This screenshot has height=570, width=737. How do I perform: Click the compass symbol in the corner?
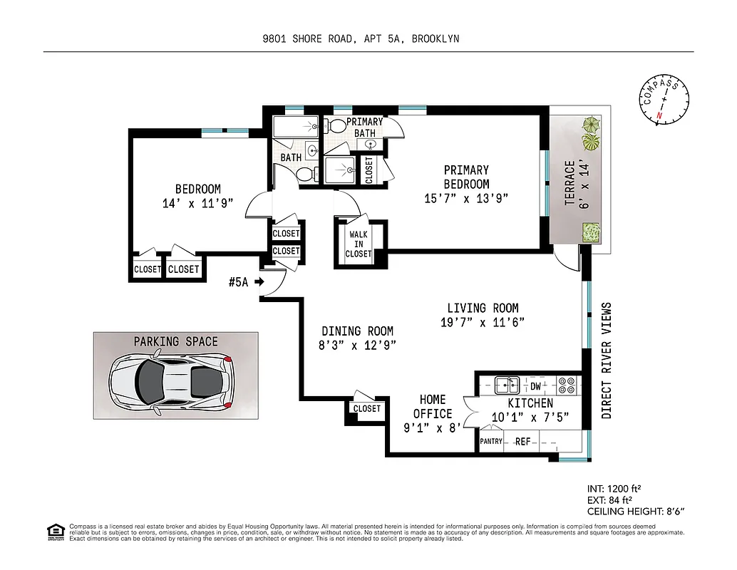click(664, 101)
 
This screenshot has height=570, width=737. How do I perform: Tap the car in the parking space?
click(171, 383)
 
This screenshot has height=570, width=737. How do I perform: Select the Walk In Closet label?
click(359, 244)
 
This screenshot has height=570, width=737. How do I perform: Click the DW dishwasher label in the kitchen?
click(535, 386)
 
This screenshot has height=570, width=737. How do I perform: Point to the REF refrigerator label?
click(522, 442)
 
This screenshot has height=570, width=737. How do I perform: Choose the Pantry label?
click(491, 442)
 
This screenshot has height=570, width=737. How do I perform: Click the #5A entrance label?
click(238, 282)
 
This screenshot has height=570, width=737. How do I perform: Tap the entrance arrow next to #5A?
click(259, 282)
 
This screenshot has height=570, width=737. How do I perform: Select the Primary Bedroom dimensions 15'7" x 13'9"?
click(467, 198)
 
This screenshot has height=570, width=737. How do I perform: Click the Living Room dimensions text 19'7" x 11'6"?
click(483, 322)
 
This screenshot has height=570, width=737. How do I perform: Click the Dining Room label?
click(357, 331)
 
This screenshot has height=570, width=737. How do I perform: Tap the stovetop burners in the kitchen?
click(567, 385)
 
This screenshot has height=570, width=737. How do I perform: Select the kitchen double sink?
click(507, 385)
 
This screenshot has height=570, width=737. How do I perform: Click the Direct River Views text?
click(607, 361)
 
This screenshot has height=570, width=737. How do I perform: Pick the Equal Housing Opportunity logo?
click(55, 531)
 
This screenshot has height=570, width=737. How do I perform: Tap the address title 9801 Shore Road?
click(361, 39)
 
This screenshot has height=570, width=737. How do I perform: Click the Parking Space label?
click(176, 342)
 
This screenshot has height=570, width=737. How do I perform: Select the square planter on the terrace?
click(590, 232)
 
